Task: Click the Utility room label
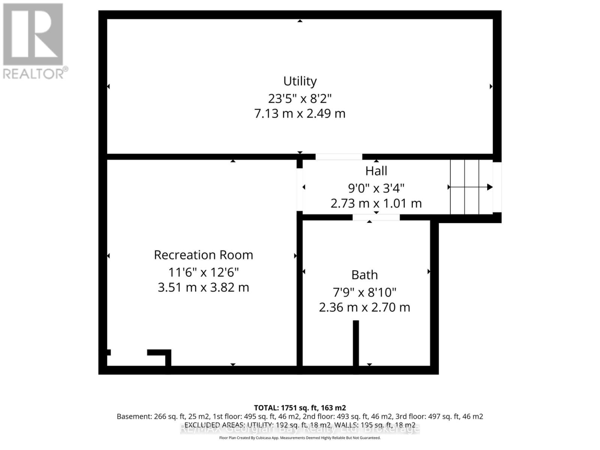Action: click(x=300, y=81)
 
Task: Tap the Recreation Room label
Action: click(x=203, y=255)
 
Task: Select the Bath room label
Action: click(x=364, y=275)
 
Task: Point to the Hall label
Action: click(x=376, y=171)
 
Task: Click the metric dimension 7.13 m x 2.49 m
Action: click(x=300, y=113)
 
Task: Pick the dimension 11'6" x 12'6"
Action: click(x=203, y=272)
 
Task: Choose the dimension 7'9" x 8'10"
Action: click(x=364, y=292)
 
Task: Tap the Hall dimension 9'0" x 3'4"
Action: click(x=376, y=187)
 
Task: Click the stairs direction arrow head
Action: click(x=490, y=187)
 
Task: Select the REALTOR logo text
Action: click(x=36, y=73)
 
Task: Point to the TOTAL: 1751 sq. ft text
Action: click(x=300, y=408)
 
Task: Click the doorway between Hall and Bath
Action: click(x=376, y=217)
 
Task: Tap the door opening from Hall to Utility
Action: click(x=339, y=157)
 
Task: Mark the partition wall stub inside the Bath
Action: click(x=356, y=342)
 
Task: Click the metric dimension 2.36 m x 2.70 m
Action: click(x=364, y=307)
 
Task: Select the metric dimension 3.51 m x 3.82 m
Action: click(x=203, y=288)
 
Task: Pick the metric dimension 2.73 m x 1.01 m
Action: click(x=376, y=203)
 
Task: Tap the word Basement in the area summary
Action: click(x=133, y=416)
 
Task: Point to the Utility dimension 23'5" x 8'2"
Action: click(x=300, y=99)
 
